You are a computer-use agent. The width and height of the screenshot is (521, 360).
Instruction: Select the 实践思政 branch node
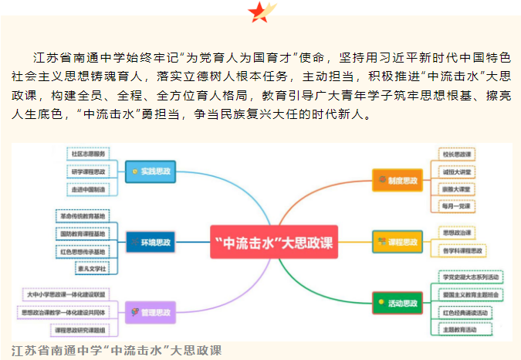tap(151, 171)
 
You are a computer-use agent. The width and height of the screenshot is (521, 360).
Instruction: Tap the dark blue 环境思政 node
tap(151, 243)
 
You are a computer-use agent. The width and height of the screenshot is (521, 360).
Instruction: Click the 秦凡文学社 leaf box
tap(91, 268)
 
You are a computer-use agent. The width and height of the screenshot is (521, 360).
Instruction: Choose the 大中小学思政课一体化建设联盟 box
tap(64, 294)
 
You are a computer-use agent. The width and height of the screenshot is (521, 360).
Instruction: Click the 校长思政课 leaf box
tap(458, 154)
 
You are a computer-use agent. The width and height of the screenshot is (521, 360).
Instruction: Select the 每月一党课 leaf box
tap(458, 206)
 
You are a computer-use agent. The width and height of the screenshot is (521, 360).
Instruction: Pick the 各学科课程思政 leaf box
tap(462, 250)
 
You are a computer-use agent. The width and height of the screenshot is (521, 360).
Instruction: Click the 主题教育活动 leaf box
tap(465, 330)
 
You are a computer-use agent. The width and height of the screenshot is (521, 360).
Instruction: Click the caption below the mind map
tap(117, 350)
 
